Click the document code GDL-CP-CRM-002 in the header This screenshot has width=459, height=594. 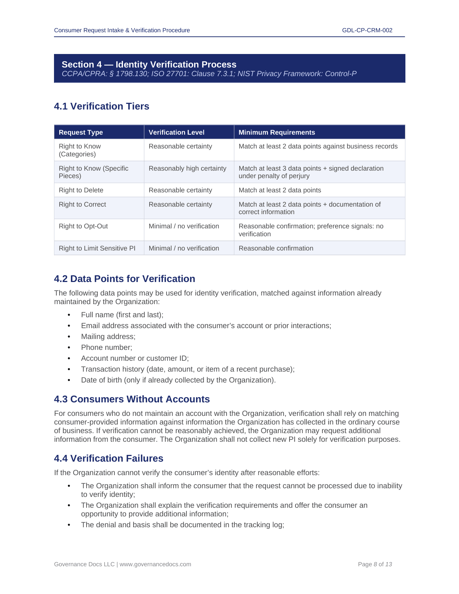click(367, 30)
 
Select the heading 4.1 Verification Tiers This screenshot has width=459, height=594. click(102, 106)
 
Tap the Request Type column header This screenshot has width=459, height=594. click(81, 132)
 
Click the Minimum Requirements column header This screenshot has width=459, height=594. click(277, 132)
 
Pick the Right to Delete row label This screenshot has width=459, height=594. click(81, 190)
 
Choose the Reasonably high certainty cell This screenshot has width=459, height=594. click(187, 168)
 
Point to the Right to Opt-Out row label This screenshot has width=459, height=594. click(83, 226)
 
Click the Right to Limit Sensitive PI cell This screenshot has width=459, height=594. click(97, 248)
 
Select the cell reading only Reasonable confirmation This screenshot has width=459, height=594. click(276, 248)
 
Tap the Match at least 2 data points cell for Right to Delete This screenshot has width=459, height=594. click(280, 190)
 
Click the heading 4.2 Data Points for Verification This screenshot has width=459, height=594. click(124, 279)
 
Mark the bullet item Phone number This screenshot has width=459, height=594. click(106, 348)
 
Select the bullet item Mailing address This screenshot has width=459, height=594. click(108, 337)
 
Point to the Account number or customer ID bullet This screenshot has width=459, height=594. click(135, 358)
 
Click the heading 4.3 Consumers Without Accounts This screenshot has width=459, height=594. click(132, 399)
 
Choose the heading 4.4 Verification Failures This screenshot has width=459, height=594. click(109, 459)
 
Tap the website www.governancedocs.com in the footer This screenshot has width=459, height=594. click(155, 564)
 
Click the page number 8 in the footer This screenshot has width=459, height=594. click(375, 564)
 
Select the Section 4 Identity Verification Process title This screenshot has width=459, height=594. click(149, 64)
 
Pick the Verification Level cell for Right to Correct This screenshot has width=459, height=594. click(180, 204)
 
